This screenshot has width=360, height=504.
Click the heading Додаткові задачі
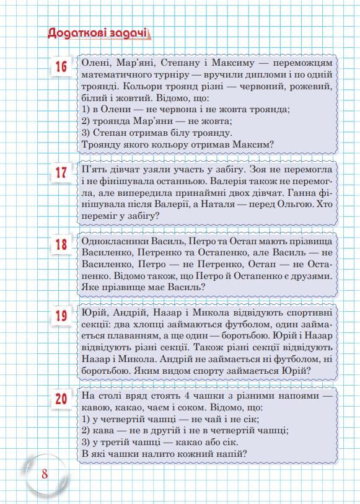coord(99,33)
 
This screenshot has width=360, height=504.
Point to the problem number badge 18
coord(61,244)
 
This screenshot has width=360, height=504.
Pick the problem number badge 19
coord(61,317)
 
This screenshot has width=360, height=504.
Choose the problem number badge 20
coord(61,399)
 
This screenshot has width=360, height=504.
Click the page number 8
coord(45,474)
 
